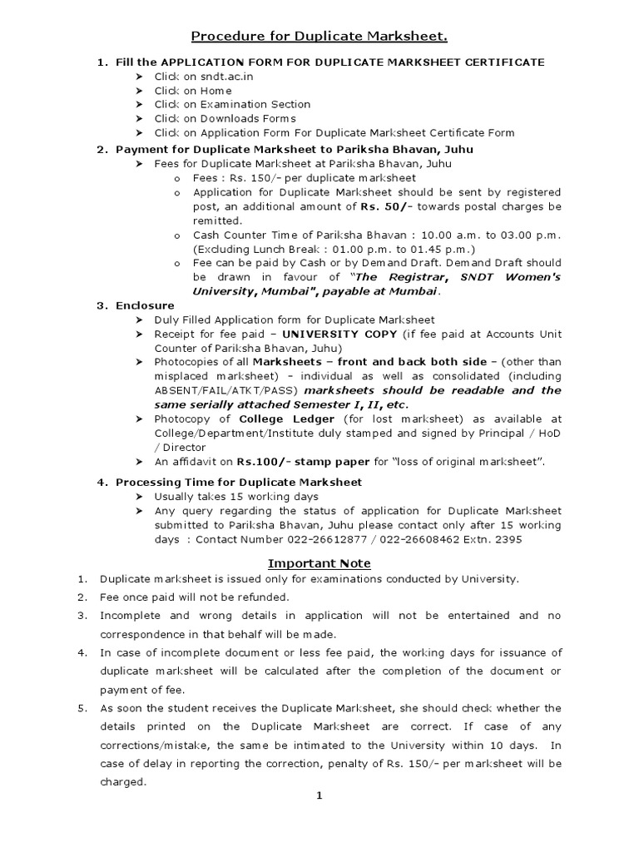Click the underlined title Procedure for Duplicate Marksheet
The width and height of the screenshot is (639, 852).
(x=319, y=36)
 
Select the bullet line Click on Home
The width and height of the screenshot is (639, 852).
(x=193, y=91)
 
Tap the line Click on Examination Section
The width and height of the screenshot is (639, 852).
(x=232, y=105)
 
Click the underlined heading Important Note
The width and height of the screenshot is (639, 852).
(x=319, y=563)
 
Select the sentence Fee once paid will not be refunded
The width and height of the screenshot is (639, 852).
(x=195, y=597)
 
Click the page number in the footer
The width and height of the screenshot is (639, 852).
(x=319, y=796)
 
